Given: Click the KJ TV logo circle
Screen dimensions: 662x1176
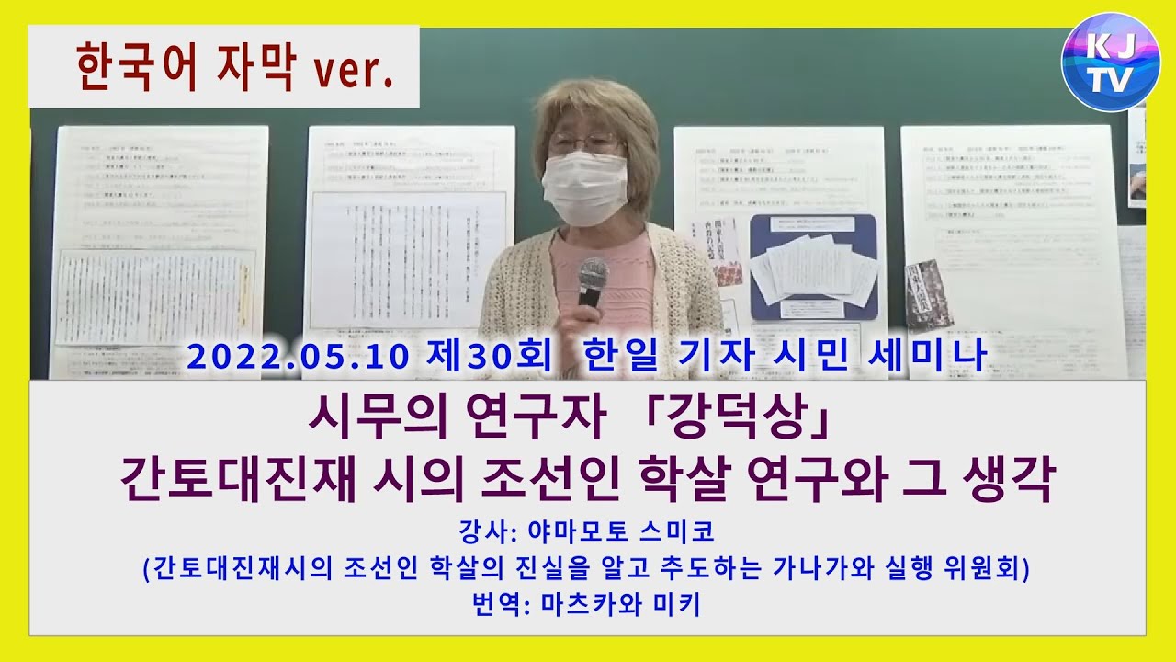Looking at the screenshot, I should pos(1110,63).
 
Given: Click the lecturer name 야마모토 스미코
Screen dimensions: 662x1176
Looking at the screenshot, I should pos(616,531).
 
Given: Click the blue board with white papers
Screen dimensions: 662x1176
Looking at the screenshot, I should pos(813,266).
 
